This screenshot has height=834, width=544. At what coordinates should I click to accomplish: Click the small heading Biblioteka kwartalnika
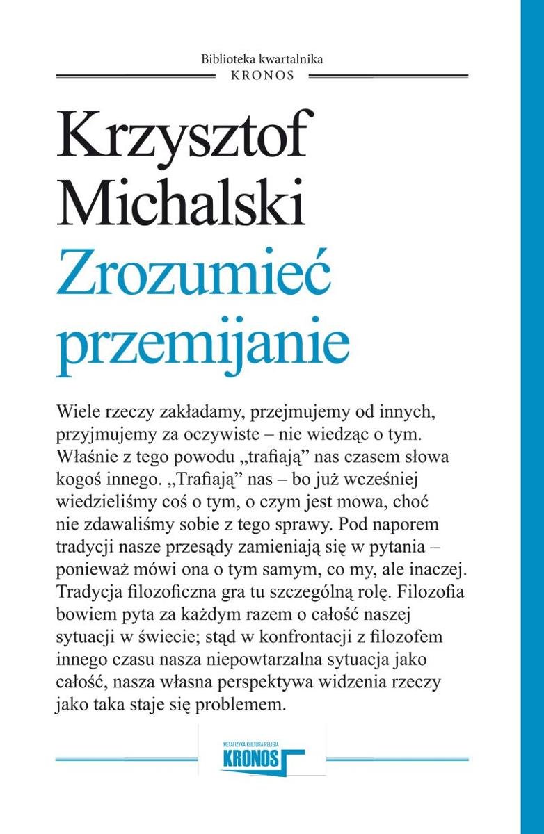click(262, 59)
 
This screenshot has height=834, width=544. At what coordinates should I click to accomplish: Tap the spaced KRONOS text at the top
click(262, 75)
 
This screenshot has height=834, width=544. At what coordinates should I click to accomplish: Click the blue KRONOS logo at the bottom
click(260, 757)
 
